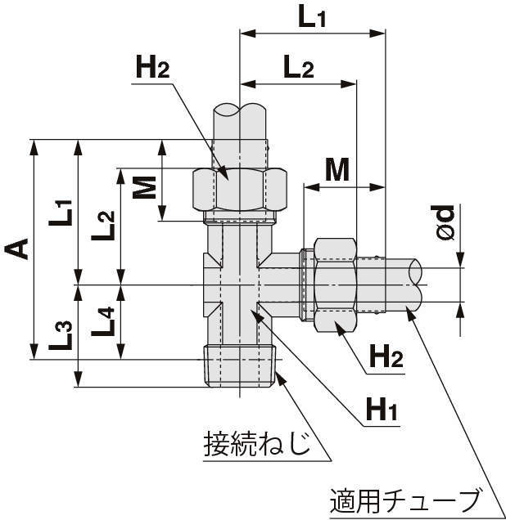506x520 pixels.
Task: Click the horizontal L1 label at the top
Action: tap(312, 17)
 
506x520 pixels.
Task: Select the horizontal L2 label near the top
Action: tap(299, 68)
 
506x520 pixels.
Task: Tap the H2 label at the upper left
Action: tap(152, 69)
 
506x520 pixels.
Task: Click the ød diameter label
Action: tap(445, 222)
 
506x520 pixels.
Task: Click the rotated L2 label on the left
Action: tap(106, 224)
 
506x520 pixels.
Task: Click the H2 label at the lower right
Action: tap(386, 356)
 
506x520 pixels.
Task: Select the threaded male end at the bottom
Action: tap(240, 367)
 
